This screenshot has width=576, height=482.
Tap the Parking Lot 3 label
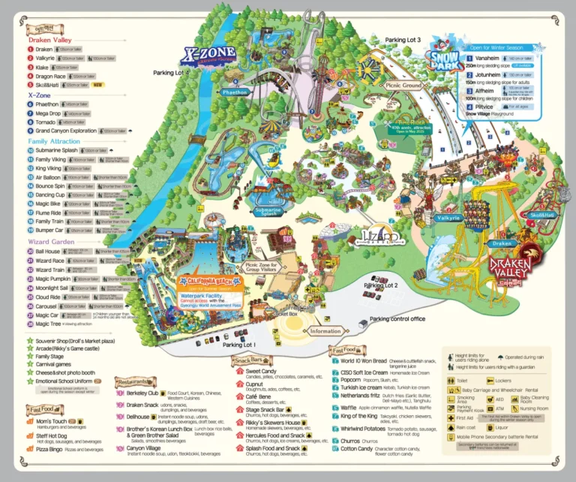(x=403, y=39)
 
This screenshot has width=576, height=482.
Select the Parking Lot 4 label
(x=172, y=73)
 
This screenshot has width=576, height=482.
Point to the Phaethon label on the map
(x=235, y=92)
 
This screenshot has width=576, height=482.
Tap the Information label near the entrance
(x=325, y=331)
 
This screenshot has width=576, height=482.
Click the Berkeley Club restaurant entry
(x=142, y=393)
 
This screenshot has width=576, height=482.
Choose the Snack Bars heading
(x=251, y=360)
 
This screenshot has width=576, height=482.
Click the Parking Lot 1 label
(x=239, y=345)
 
